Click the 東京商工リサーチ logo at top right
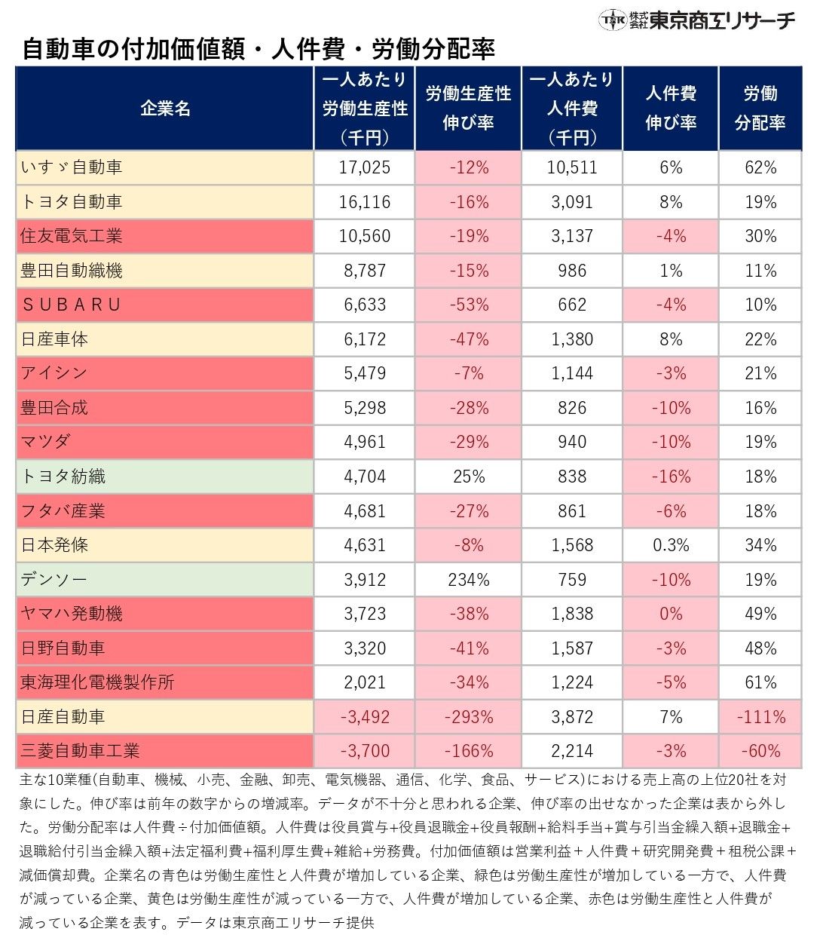point(696,20)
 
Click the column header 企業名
point(165,109)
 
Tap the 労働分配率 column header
point(760,109)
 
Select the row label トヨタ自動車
point(71,202)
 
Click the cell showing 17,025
point(365,167)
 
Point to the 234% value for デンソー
point(468,580)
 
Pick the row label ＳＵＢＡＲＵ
point(71,305)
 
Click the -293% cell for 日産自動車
point(468,717)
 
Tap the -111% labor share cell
point(760,717)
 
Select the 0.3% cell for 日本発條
point(671,545)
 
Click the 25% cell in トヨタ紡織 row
point(468,477)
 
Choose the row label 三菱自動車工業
point(80,751)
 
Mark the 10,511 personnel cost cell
point(572,167)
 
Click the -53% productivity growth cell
point(468,305)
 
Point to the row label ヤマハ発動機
point(71,614)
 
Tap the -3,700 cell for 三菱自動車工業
point(365,751)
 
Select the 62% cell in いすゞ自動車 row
point(760,167)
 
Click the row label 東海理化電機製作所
point(97,682)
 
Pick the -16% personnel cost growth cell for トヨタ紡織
point(671,477)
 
